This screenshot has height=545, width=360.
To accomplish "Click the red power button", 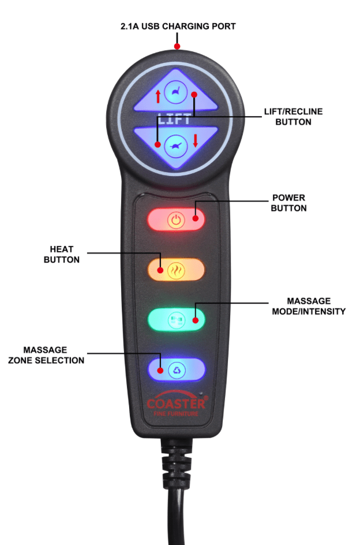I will (176, 219).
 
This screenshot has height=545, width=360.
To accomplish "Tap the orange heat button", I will (176, 270).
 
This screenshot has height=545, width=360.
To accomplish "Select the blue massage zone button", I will (176, 369).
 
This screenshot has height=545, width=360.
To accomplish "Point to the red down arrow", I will (196, 140).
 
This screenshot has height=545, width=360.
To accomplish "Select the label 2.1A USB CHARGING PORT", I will (177, 27).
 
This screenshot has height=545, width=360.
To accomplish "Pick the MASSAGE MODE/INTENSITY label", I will (309, 306).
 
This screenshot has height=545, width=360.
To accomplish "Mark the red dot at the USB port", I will (177, 46).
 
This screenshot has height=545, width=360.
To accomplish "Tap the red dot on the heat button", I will (160, 270).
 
